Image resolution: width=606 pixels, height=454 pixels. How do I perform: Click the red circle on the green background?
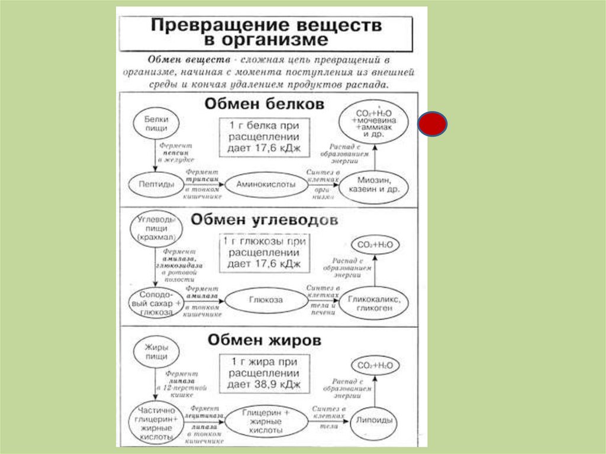point(433,125)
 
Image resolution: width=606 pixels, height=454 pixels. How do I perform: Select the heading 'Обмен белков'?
point(265,104)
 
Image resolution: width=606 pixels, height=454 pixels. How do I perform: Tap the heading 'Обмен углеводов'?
point(265,220)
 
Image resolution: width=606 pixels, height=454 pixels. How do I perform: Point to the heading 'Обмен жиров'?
point(265,341)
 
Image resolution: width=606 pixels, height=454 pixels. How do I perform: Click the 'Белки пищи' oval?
point(155,123)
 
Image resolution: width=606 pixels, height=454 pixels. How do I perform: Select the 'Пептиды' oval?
point(155,185)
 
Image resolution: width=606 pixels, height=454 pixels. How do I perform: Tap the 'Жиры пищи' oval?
point(154,352)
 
